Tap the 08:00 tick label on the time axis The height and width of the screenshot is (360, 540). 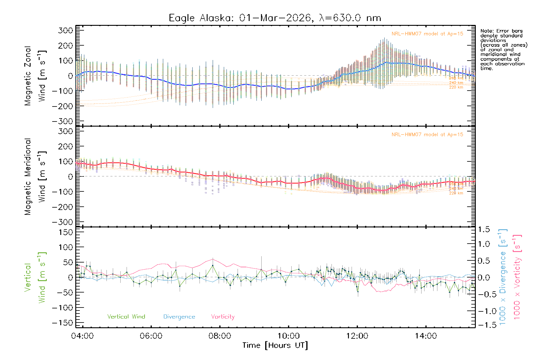tap(220, 336)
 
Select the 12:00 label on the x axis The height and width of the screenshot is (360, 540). tap(357, 336)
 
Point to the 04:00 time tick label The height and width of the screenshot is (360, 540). tap(82, 336)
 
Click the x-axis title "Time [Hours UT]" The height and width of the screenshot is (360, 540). tap(275, 345)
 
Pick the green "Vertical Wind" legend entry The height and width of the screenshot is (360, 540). tap(126, 316)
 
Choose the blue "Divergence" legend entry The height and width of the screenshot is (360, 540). tap(179, 317)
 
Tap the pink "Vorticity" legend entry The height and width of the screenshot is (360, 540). tap(223, 316)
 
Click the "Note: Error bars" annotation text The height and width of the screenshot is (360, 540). tap(501, 31)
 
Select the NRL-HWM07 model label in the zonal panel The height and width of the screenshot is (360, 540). tap(427, 34)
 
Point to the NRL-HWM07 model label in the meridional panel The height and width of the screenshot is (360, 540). tap(427, 134)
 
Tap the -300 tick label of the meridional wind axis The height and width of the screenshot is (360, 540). tap(63, 222)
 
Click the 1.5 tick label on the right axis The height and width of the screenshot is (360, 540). tap(484, 229)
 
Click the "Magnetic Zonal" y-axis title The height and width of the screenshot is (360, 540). tap(28, 76)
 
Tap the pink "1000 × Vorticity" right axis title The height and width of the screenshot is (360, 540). tap(517, 277)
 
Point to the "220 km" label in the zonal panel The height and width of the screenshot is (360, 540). tap(456, 87)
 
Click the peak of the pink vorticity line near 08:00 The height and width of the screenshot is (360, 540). tap(213, 259)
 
